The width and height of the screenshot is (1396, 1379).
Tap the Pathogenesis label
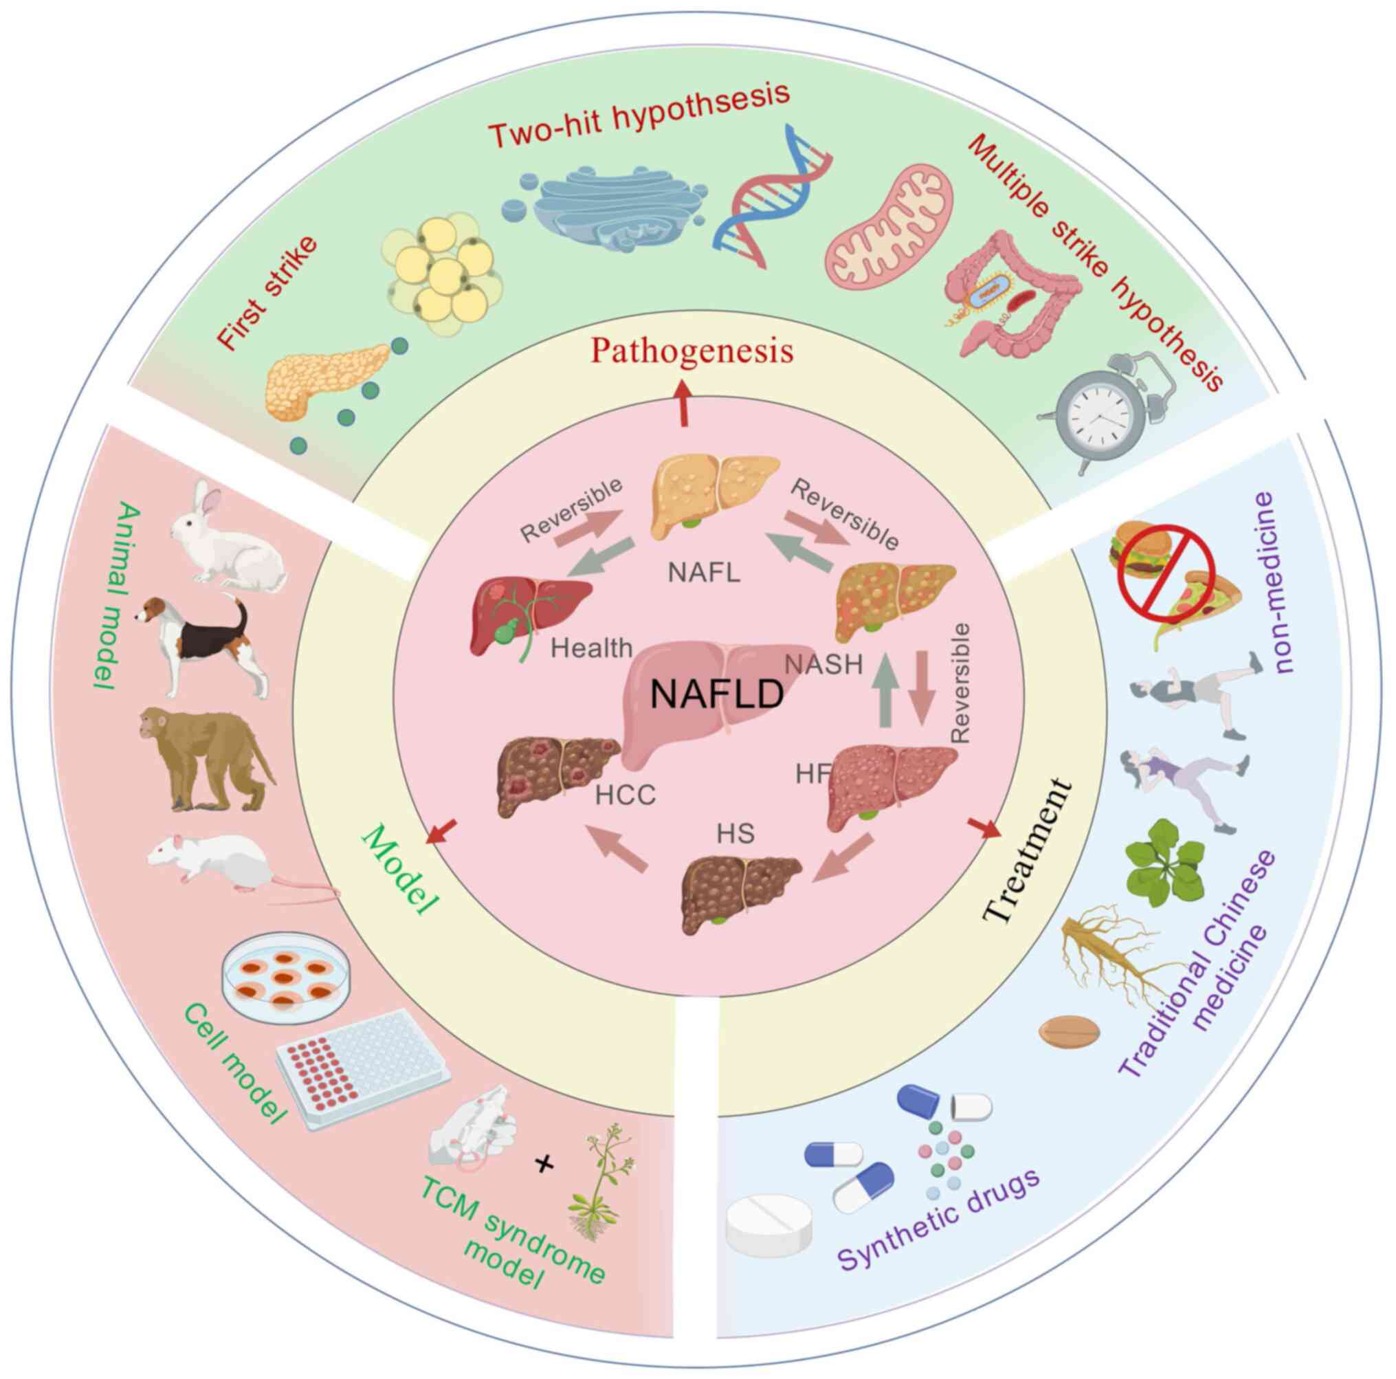click(691, 352)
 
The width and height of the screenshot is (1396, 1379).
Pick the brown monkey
click(203, 759)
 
